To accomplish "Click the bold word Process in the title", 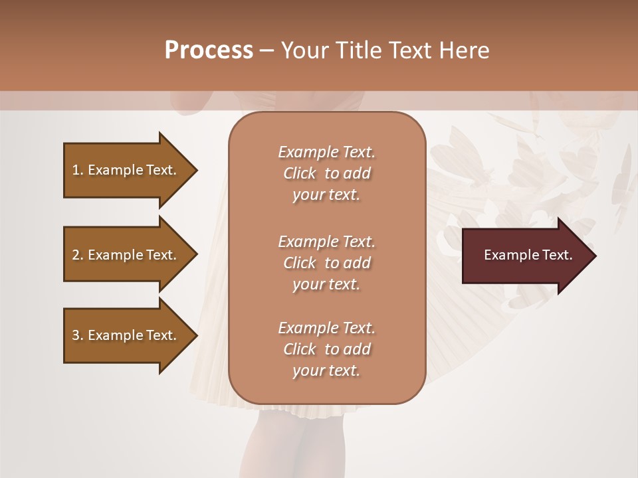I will [209, 50].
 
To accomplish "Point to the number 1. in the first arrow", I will [78, 170].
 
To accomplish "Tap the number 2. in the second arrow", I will [78, 255].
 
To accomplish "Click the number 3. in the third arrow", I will [78, 335].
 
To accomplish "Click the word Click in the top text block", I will [300, 173].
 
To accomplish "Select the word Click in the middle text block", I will [300, 263].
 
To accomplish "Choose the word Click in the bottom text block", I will [300, 349].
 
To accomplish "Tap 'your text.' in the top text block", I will [326, 195].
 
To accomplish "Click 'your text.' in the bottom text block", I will [326, 371].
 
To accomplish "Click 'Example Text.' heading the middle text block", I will [326, 241].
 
